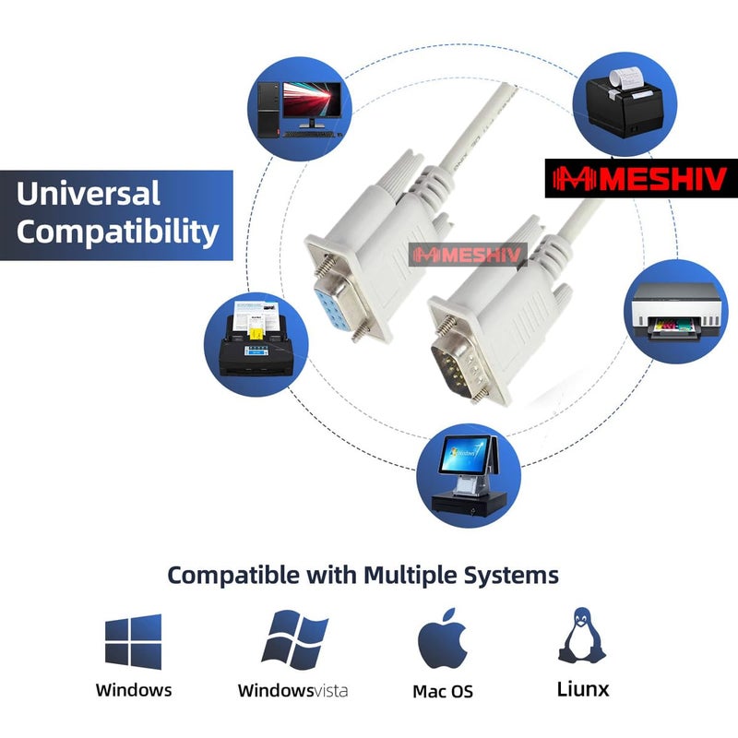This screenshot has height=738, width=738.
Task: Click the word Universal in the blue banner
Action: click(x=88, y=194)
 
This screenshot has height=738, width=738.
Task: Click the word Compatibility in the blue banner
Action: click(x=117, y=231)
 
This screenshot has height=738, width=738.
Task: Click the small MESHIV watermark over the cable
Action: click(x=468, y=255)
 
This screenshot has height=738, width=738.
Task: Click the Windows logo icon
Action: click(x=133, y=641)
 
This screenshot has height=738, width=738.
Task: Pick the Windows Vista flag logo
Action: click(x=294, y=640)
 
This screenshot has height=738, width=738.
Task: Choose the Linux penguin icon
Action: click(x=582, y=636)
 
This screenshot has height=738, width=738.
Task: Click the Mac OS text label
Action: click(x=443, y=690)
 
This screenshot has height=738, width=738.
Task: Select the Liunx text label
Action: click(x=583, y=688)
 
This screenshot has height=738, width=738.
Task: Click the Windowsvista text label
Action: click(x=293, y=690)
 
